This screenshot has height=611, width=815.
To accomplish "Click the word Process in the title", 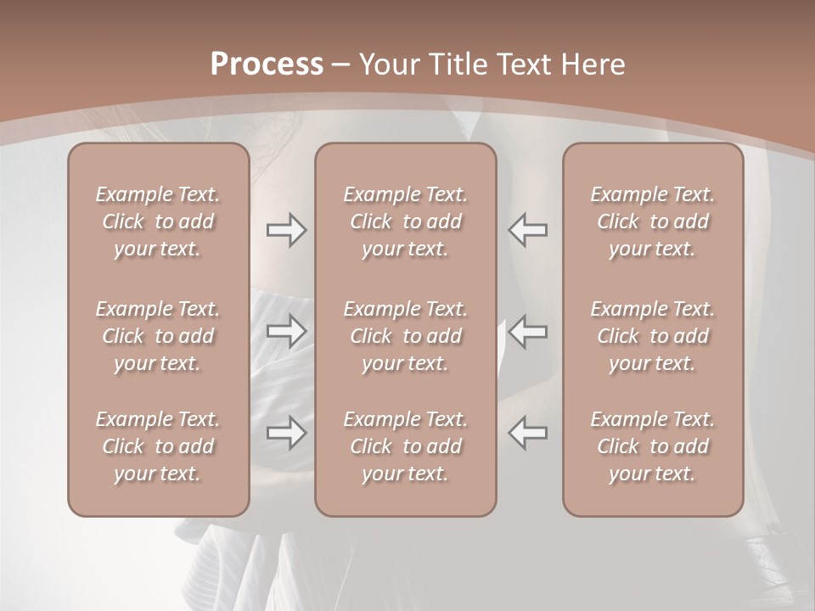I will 267,64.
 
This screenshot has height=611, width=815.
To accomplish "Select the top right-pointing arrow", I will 287,230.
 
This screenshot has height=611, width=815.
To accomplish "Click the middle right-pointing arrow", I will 287,331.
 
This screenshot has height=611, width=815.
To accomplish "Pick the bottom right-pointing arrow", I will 287,433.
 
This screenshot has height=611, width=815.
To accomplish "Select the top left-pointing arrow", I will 527,230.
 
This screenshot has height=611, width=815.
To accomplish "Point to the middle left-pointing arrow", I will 527,331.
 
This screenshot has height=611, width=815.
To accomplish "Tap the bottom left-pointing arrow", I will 527,433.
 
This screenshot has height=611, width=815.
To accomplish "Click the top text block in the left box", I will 158,221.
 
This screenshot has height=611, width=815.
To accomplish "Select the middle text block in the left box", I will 158,336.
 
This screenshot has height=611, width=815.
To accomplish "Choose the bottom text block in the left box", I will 158,446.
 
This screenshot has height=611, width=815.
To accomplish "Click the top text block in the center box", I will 406,221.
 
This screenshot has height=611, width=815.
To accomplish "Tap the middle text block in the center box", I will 406,336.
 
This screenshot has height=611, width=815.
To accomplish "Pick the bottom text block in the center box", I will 406,446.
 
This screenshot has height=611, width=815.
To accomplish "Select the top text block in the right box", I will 653,221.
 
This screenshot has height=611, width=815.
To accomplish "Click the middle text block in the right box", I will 653,336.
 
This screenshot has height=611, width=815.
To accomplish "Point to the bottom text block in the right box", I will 653,446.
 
